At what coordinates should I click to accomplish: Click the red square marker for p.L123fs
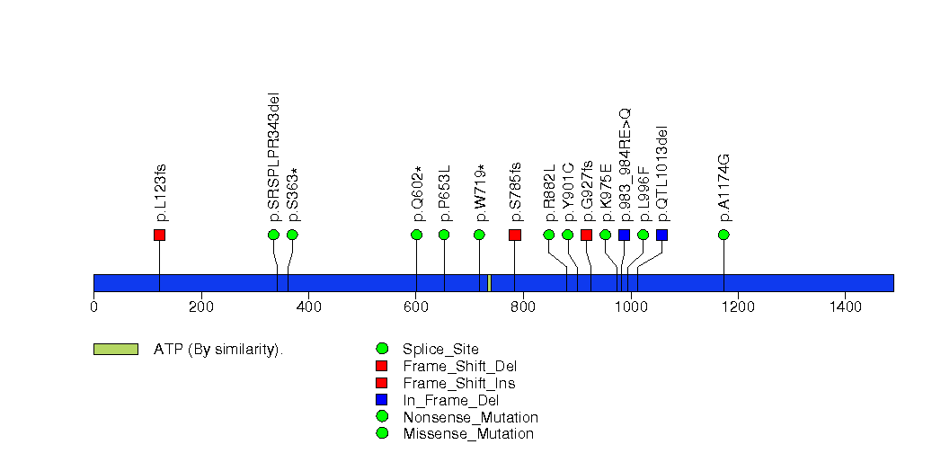click(159, 235)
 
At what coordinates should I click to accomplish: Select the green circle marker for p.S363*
click(292, 235)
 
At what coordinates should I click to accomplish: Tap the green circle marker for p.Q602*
click(416, 235)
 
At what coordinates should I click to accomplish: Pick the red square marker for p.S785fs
click(515, 235)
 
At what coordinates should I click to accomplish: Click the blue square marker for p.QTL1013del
click(661, 235)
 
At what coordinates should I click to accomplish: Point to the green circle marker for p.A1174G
click(724, 235)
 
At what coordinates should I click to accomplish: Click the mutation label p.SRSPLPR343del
click(274, 156)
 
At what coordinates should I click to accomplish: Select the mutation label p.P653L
click(444, 192)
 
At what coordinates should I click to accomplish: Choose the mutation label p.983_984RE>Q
click(626, 164)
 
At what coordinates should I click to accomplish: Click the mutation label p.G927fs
click(587, 191)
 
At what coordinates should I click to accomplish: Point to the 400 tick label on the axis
click(308, 307)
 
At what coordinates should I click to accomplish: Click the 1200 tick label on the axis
click(738, 307)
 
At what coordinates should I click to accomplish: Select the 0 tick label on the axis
click(93, 307)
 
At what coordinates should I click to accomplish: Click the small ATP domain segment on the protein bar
click(489, 283)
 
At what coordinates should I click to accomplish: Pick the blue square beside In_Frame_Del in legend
click(382, 400)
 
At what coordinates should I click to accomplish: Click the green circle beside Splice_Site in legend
click(382, 349)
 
